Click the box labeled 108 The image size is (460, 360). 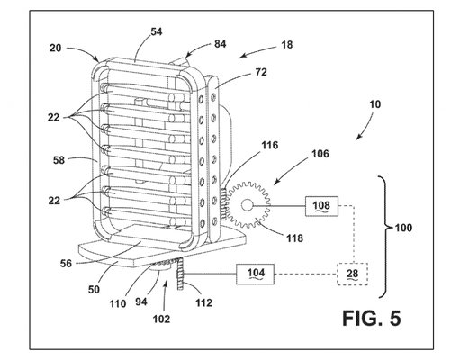[x=321, y=206]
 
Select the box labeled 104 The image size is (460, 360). [x=255, y=274]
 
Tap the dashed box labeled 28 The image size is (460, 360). [x=353, y=274]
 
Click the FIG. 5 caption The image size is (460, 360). [x=372, y=318]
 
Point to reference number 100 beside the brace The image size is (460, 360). [x=403, y=228]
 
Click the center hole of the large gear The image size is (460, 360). [x=247, y=205]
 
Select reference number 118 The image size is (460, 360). [x=294, y=238]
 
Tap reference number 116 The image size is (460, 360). [x=270, y=146]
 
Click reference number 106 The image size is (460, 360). [x=320, y=154]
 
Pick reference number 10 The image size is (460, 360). [x=374, y=104]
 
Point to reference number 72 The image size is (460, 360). [x=261, y=72]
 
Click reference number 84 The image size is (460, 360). [x=220, y=44]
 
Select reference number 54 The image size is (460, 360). [x=157, y=31]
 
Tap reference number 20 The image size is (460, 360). [x=56, y=48]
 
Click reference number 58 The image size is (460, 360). [x=59, y=160]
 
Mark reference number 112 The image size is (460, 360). [x=204, y=302]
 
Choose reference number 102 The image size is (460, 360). [x=161, y=319]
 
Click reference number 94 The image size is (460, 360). [x=141, y=301]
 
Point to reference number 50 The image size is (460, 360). [x=94, y=290]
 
